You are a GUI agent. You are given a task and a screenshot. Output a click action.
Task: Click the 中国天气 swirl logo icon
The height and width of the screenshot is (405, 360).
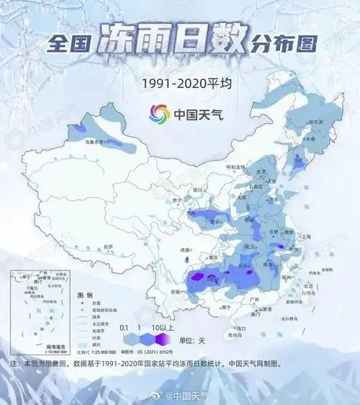pyautogui.click(x=158, y=114)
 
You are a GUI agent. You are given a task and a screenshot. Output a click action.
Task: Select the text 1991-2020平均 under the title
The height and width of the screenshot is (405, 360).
pyautogui.click(x=179, y=84)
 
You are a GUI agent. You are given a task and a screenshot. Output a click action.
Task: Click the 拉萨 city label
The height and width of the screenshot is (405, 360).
pyautogui.click(x=108, y=246)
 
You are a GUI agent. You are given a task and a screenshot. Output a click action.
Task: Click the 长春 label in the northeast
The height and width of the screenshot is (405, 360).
pyautogui.click(x=310, y=140)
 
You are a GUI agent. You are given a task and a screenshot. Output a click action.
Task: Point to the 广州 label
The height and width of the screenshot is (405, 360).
pyautogui.click(x=251, y=300)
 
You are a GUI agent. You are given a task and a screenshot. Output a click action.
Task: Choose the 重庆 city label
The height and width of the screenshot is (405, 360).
pyautogui.click(x=212, y=257)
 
